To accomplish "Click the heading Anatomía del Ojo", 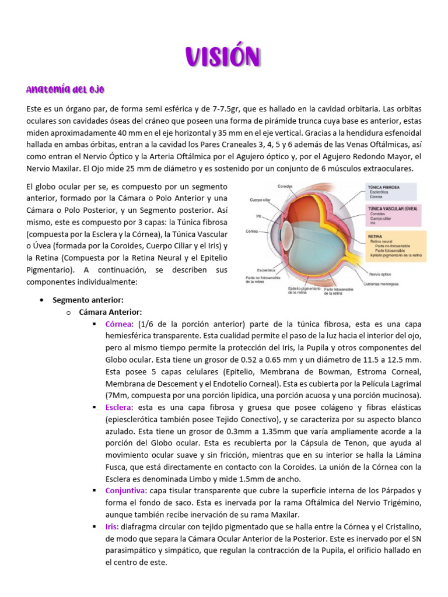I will point(65,89).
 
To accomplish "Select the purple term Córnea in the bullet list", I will point(119,324).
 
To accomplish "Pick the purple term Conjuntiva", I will point(124,490).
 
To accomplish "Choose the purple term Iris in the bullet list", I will point(111,526).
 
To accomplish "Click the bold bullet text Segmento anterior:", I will point(87,300).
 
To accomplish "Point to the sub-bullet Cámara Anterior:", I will point(110,312).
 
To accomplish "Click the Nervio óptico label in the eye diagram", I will point(380,273).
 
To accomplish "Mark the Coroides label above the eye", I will point(284,187).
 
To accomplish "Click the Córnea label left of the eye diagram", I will point(253,231).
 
